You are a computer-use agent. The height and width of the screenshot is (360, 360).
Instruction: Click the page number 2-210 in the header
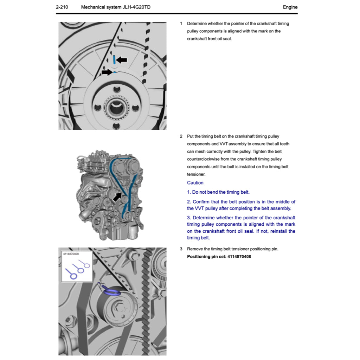click(x=62, y=7)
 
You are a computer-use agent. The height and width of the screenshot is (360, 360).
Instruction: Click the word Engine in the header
click(x=290, y=7)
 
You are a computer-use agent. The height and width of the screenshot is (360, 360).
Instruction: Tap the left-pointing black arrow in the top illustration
click(x=122, y=60)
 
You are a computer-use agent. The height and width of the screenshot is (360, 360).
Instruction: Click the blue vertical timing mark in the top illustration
click(x=114, y=59)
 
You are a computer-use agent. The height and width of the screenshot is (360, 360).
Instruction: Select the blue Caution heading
click(x=195, y=183)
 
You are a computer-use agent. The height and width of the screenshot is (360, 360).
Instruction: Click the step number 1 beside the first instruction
click(x=181, y=24)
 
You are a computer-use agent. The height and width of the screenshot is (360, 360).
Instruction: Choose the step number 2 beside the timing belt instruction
click(x=181, y=136)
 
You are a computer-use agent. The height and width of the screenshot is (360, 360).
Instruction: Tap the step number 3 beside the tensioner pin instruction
click(x=181, y=249)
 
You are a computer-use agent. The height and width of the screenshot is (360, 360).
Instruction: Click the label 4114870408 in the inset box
click(x=71, y=253)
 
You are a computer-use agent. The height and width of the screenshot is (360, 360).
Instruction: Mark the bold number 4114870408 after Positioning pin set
click(x=239, y=257)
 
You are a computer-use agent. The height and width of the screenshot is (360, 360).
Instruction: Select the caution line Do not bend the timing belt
click(x=218, y=192)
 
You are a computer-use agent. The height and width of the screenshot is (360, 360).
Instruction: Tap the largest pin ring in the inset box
click(x=74, y=276)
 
